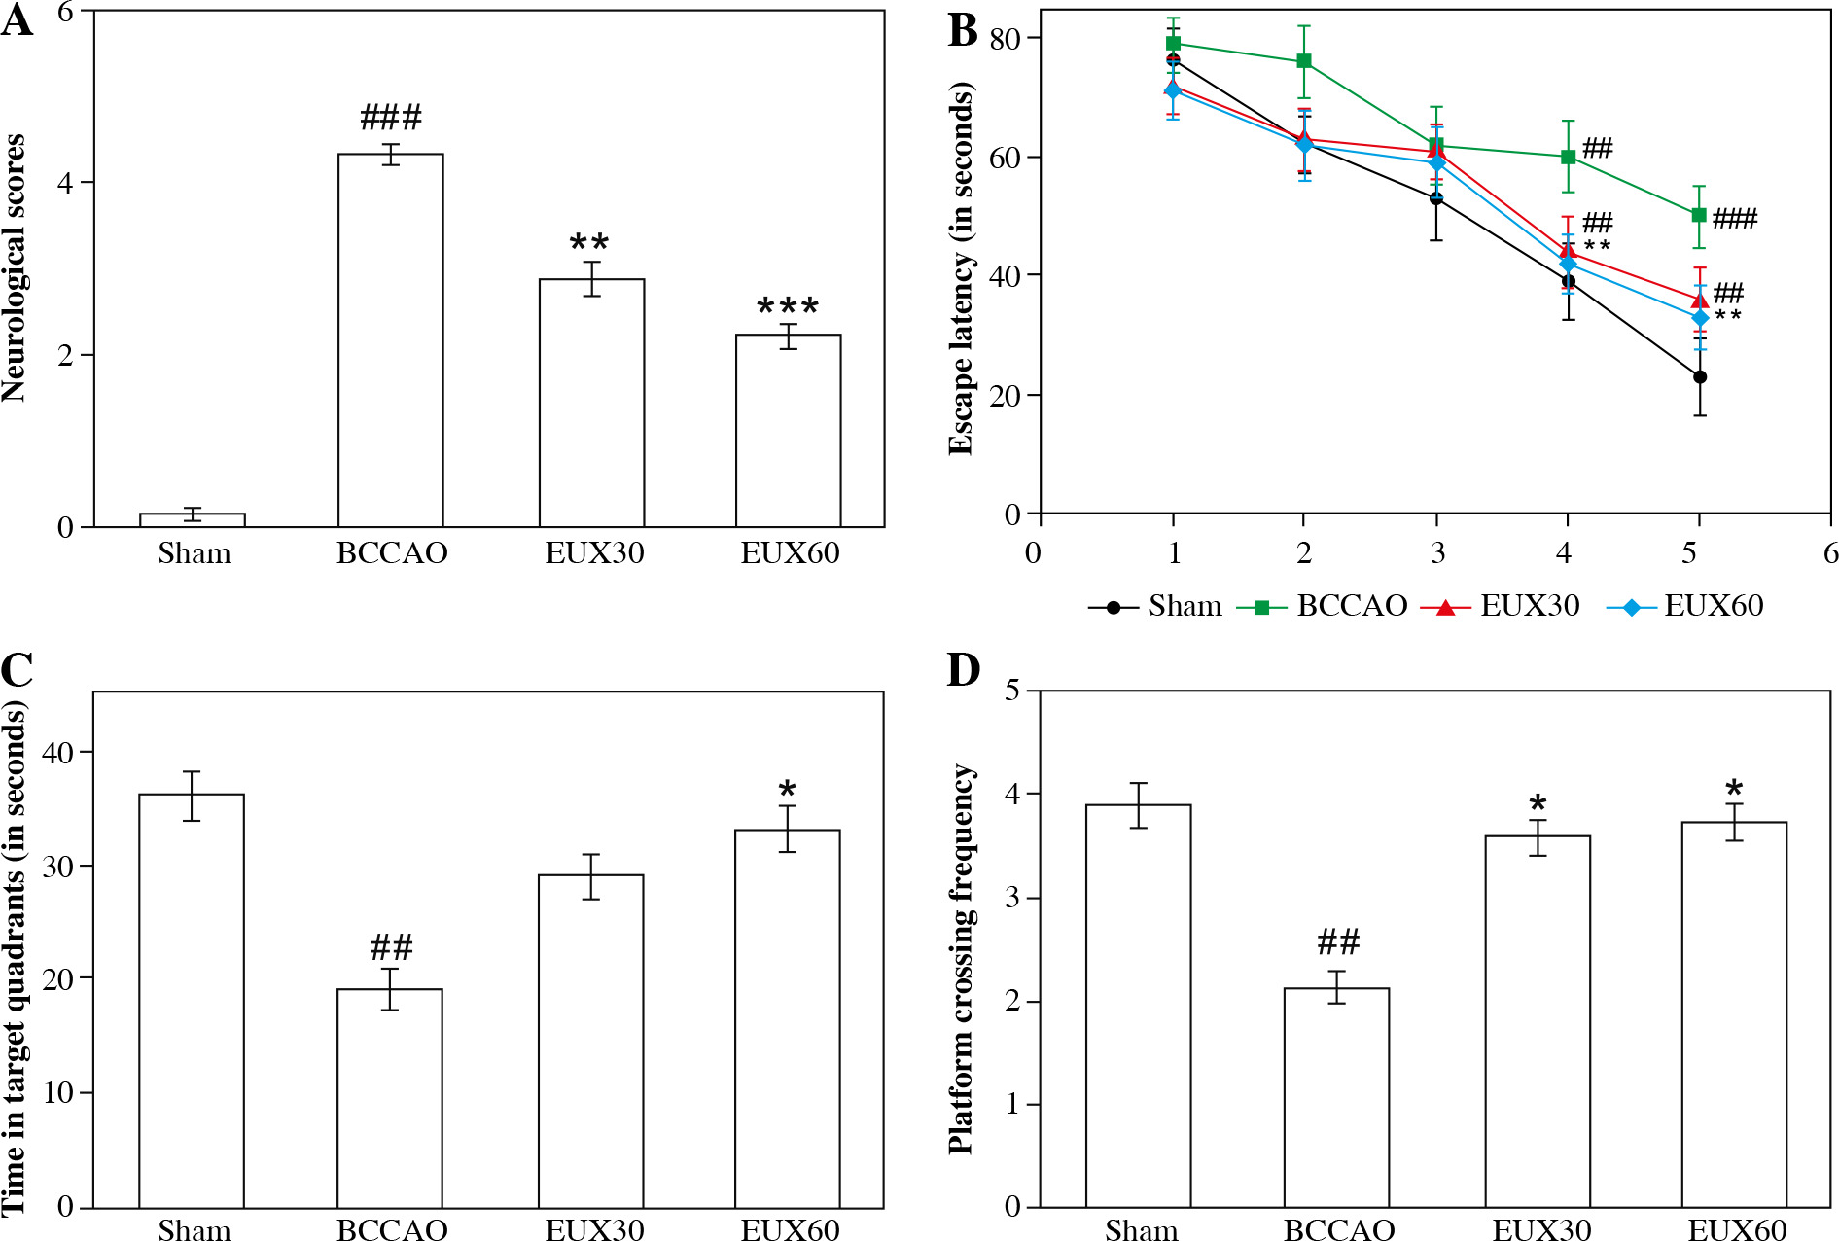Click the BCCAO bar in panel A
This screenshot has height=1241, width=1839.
(390, 340)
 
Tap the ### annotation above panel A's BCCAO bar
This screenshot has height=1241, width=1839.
(391, 118)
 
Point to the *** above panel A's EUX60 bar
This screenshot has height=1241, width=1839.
(788, 307)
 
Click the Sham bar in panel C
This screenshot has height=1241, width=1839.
(192, 1001)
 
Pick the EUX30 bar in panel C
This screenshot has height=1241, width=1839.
(590, 1041)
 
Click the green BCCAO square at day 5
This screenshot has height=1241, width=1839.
(1699, 215)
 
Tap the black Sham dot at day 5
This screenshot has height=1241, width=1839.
(1699, 376)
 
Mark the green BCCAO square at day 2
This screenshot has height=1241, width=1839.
(1304, 61)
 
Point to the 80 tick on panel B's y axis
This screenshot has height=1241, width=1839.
(1005, 39)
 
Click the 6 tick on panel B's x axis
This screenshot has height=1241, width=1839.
(1830, 553)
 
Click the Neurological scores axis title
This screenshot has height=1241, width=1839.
(14, 267)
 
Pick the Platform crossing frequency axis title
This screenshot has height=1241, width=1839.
(961, 958)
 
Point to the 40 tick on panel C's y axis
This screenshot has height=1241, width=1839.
(58, 752)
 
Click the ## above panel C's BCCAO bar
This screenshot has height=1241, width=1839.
(391, 946)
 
